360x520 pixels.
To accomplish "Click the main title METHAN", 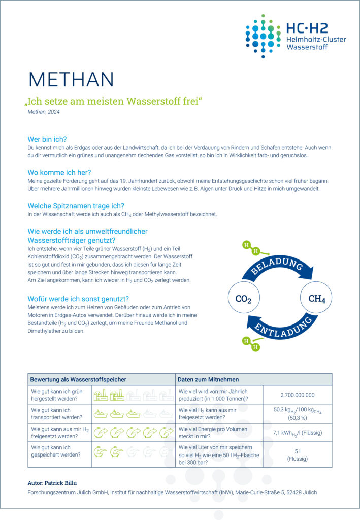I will (71, 79).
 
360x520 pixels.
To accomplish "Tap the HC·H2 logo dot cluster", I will (263, 36).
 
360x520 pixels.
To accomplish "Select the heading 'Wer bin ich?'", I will (47, 139).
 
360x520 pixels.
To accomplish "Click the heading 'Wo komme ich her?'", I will (59, 172).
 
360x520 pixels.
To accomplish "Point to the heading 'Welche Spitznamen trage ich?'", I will (76, 206).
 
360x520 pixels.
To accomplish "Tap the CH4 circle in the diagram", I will (317, 299).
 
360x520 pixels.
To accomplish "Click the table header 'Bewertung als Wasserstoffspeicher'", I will (78, 379).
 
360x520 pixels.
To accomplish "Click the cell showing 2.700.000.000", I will (297, 395).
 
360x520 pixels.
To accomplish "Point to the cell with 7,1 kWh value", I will (297, 432).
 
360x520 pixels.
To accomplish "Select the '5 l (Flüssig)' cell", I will (297, 454).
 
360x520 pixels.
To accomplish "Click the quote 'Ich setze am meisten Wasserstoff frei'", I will (114, 101).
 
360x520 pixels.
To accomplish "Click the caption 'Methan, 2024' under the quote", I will (44, 112).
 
